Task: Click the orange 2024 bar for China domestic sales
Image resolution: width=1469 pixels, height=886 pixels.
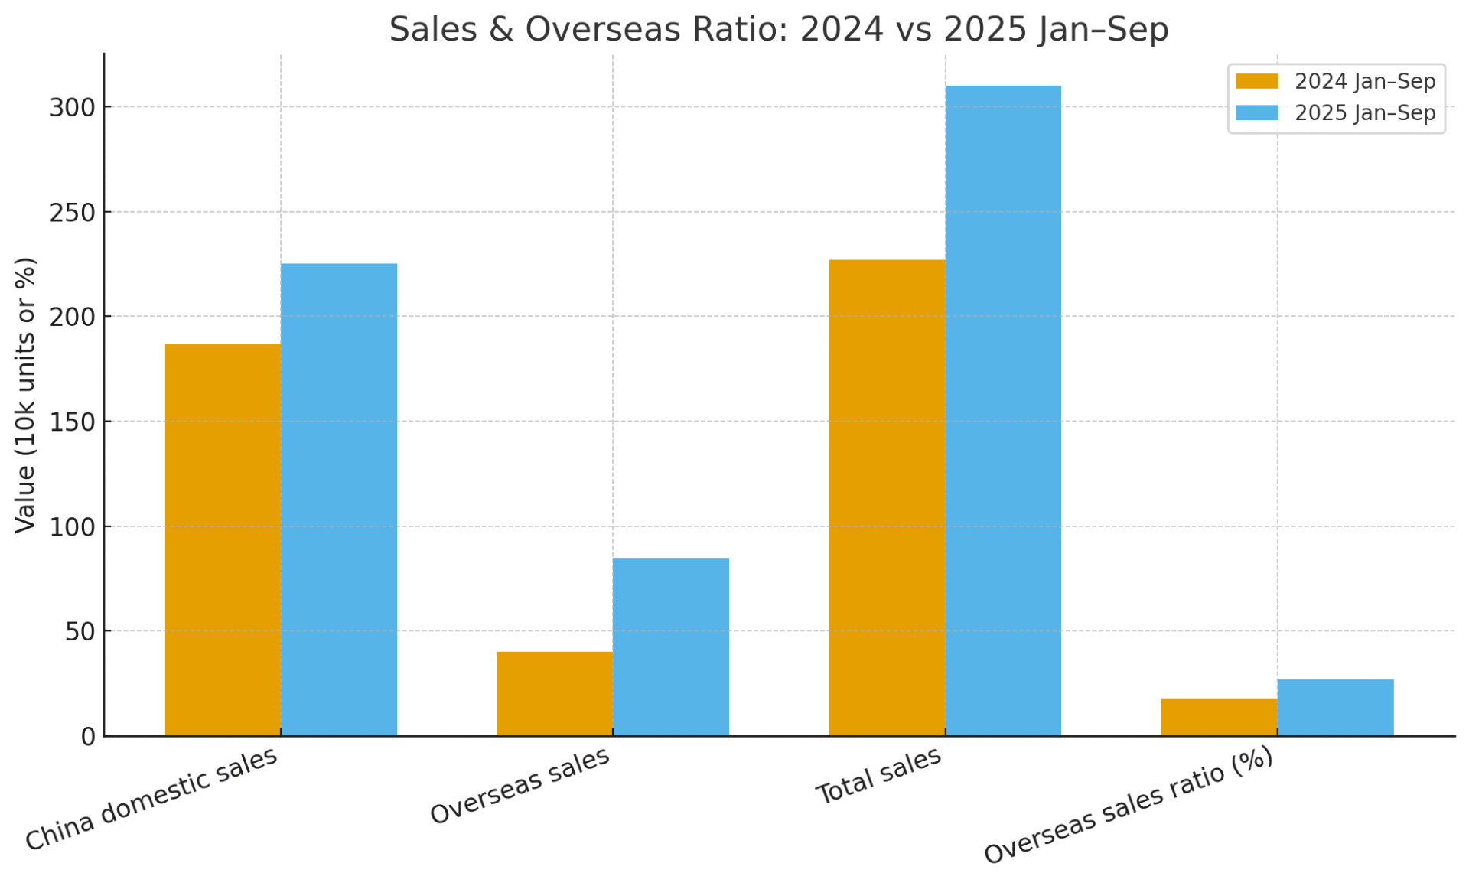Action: click(223, 539)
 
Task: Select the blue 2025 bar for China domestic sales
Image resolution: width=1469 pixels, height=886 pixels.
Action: click(339, 500)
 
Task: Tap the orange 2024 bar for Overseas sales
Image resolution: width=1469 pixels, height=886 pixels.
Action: click(555, 694)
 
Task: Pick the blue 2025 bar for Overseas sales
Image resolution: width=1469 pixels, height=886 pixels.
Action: click(671, 647)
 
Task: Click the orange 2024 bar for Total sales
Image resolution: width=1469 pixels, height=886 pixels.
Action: click(887, 497)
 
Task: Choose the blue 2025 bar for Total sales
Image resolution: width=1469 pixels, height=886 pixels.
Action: click(1003, 411)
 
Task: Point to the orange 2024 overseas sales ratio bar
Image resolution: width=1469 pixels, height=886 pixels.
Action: click(1219, 717)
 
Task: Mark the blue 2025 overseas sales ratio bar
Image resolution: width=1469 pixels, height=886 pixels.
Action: click(1335, 708)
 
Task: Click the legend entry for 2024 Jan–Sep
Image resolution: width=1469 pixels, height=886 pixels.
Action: click(1336, 81)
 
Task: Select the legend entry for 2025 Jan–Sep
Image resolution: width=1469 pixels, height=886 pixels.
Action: click(1336, 113)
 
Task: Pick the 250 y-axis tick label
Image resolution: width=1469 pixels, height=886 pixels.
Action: click(73, 213)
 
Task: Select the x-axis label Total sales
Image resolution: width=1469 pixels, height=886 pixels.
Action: click(878, 775)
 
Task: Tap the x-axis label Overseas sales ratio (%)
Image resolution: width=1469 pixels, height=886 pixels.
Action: click(1129, 805)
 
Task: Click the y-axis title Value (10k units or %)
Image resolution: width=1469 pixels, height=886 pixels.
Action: click(25, 395)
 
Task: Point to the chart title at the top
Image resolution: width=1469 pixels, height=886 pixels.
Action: click(779, 29)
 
